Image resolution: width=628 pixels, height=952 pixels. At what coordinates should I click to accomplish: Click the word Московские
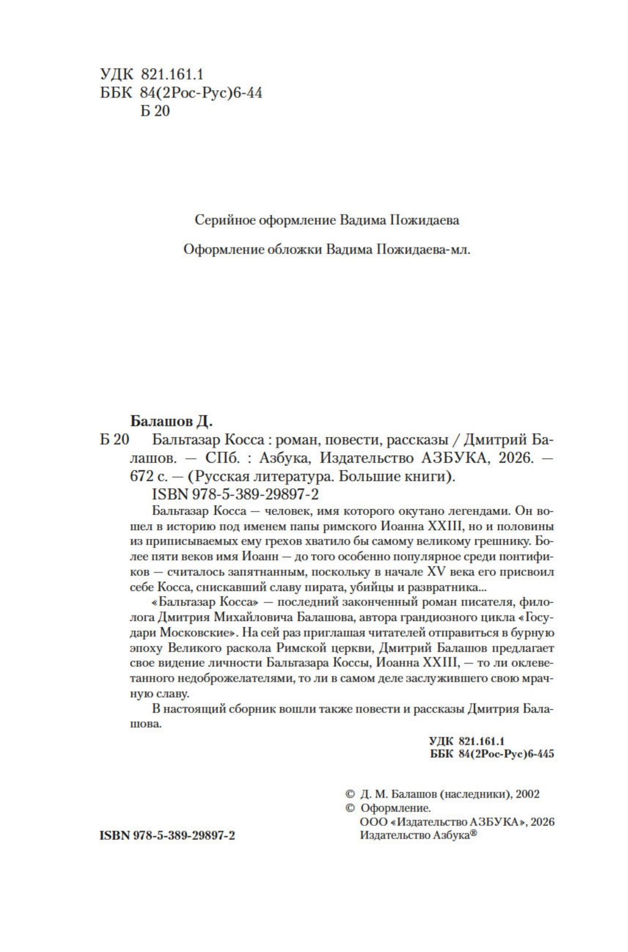click(199, 633)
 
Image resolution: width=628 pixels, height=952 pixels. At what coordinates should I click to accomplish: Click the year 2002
click(527, 793)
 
